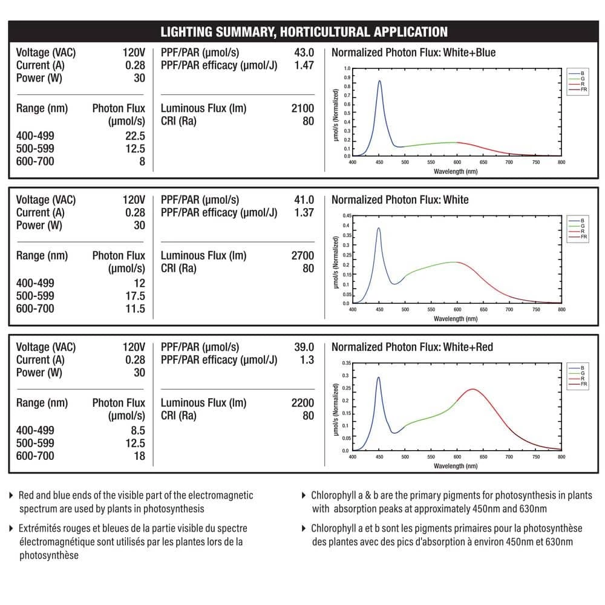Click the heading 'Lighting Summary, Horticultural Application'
(x=304, y=32)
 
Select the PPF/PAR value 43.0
(x=304, y=53)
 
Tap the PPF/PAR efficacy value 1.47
(x=304, y=65)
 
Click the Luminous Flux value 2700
(x=302, y=256)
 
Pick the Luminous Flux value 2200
(x=302, y=403)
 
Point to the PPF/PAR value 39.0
(x=304, y=347)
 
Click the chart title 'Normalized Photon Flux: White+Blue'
(x=413, y=53)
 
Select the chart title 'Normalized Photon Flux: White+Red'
(x=412, y=347)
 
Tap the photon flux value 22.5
(x=135, y=136)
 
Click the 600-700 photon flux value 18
(x=139, y=456)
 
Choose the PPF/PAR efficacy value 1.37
(x=304, y=212)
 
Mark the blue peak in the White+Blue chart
(x=379, y=81)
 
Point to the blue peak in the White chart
(x=379, y=229)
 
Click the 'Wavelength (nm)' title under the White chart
(x=456, y=318)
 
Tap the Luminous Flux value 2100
(x=302, y=108)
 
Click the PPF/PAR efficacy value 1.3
(x=307, y=360)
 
